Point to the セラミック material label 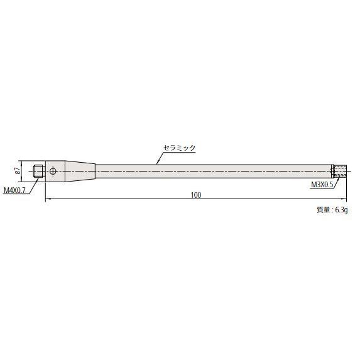[x=180, y=148]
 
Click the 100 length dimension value [x=195, y=196]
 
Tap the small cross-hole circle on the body [x=55, y=170]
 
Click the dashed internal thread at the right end [x=339, y=170]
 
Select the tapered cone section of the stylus [x=79, y=170]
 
